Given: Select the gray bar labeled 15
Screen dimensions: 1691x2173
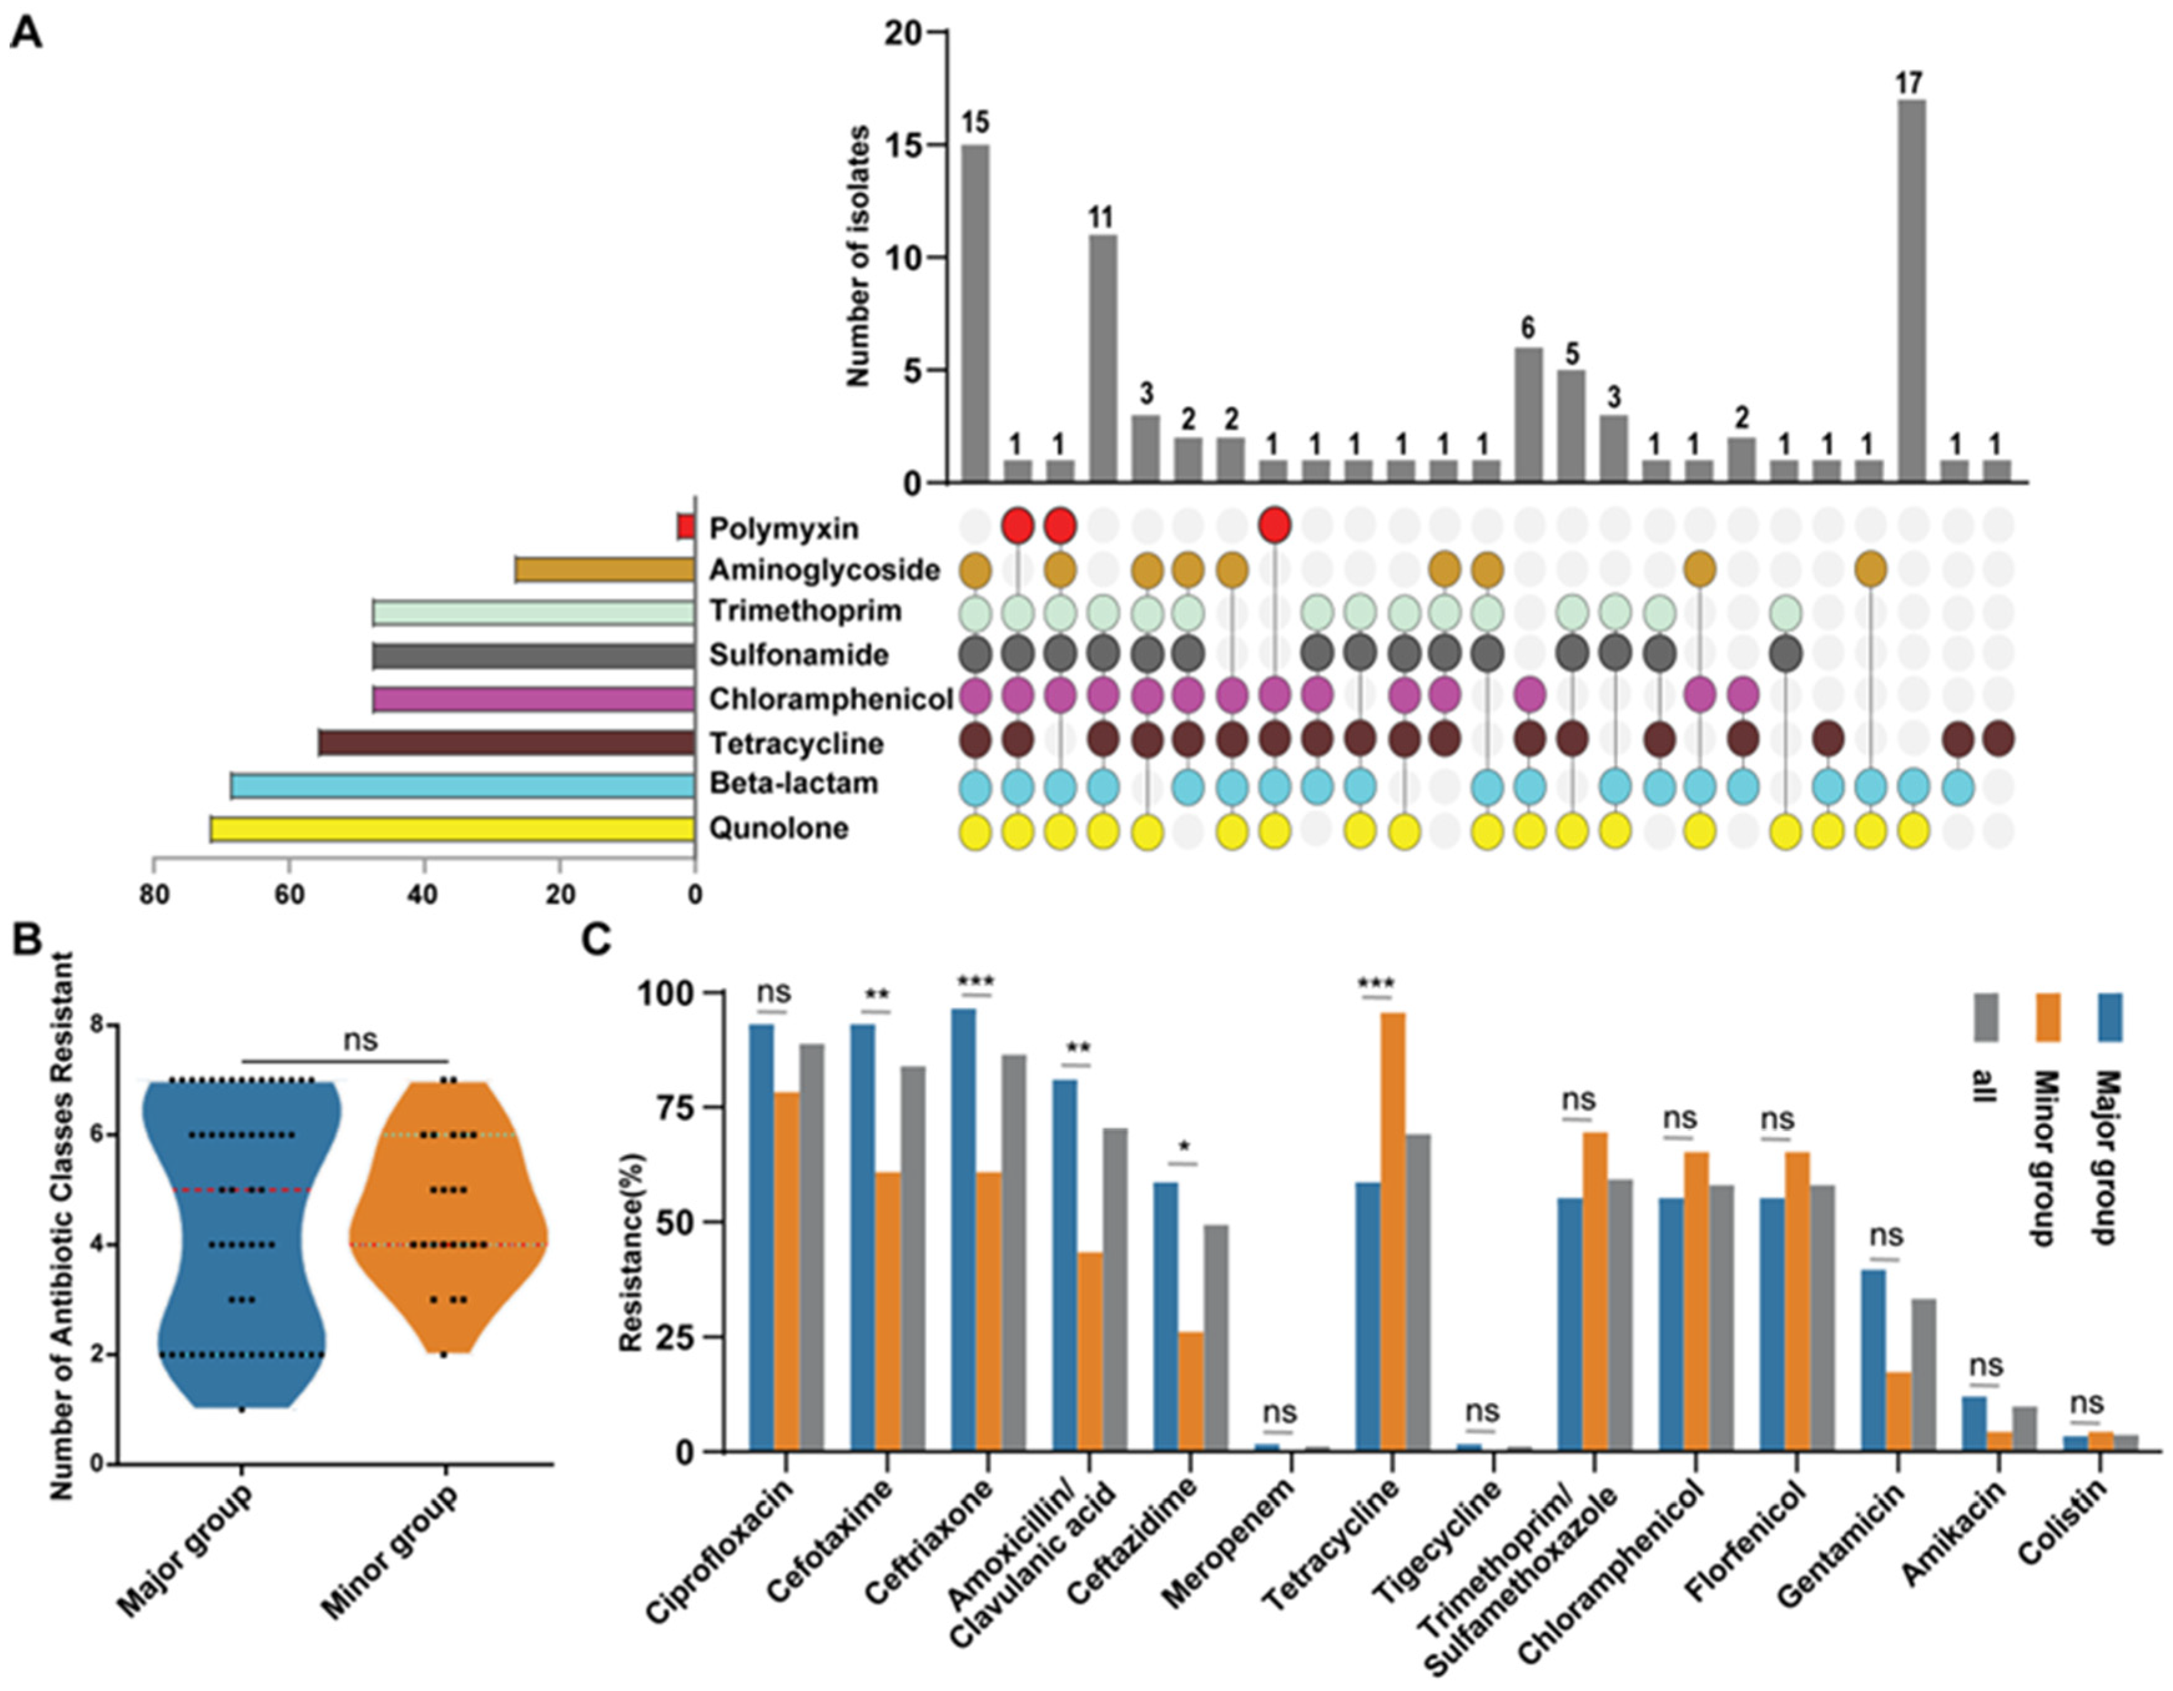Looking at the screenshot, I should pos(975,313).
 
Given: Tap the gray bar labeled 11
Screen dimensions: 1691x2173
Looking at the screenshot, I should pos(1103,358).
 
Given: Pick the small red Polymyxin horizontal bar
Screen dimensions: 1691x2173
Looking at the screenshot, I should pos(685,527).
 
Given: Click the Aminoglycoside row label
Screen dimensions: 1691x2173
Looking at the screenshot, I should pos(824,570).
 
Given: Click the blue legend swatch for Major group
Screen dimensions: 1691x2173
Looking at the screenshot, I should pos(2111,1016).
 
